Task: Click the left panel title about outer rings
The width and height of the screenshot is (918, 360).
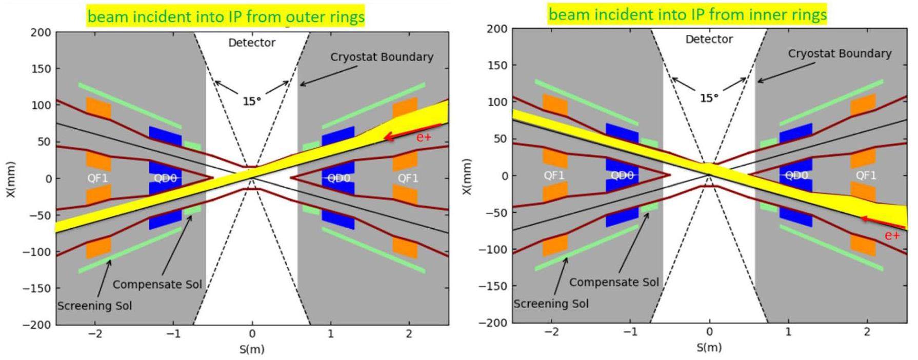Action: [226, 16]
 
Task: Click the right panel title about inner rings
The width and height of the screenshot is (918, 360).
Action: [687, 14]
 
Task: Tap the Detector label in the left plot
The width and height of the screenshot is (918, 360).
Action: [252, 43]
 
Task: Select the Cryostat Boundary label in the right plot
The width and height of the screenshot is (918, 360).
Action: [840, 53]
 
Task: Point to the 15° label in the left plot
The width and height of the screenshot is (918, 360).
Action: [252, 102]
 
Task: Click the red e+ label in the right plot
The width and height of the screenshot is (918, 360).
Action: [892, 235]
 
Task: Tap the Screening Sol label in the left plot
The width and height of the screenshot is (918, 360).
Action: [94, 306]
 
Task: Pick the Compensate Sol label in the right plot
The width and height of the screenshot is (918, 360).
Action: [614, 282]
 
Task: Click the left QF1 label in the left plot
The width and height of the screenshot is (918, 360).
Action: [97, 178]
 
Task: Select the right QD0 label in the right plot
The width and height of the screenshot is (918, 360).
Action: [796, 175]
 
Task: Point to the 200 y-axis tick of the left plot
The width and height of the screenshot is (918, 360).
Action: [41, 32]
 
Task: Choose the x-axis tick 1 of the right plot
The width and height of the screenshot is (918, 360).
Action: [788, 332]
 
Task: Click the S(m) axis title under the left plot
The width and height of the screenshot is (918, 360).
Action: [252, 349]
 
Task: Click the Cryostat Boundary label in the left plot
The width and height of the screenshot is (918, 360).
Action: [382, 57]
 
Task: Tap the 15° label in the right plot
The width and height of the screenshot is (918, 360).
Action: [709, 98]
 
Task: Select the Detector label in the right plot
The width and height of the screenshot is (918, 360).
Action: [709, 39]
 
